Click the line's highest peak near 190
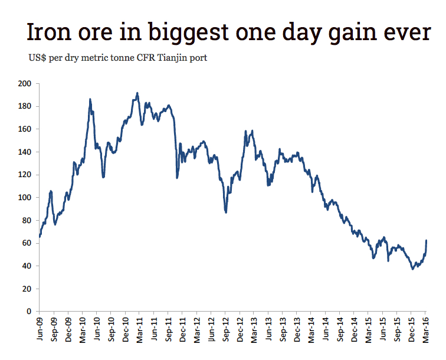click(x=137, y=93)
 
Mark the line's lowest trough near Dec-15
click(x=413, y=269)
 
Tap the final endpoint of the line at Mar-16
click(x=427, y=241)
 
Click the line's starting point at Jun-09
click(x=40, y=237)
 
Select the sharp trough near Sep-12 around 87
click(x=226, y=212)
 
